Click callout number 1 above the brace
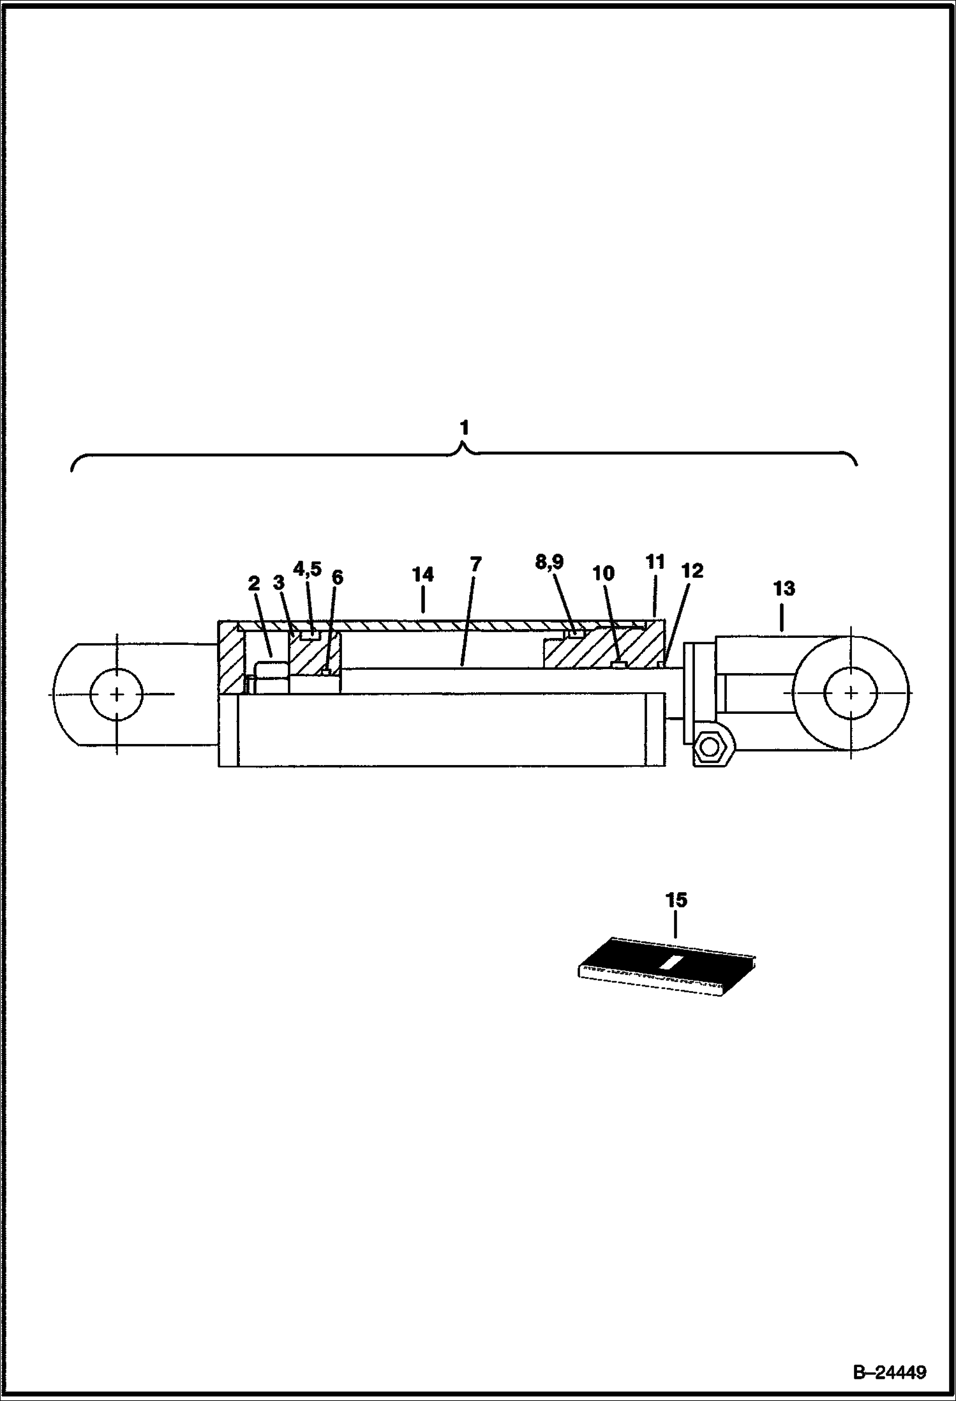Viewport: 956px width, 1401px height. coord(465,428)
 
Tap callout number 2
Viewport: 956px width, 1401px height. coord(254,583)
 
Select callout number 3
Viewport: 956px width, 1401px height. coord(278,582)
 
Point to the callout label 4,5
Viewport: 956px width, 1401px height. coord(307,568)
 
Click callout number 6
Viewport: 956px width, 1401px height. coord(337,578)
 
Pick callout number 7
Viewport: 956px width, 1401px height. coord(475,564)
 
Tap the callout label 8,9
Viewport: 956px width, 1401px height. coord(549,563)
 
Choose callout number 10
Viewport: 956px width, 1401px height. coord(603,573)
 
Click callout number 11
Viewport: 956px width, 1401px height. coord(655,563)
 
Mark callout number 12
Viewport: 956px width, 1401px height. coord(692,571)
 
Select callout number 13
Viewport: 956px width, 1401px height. coord(784,588)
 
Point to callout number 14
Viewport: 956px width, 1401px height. coord(422,575)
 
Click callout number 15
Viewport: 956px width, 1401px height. coord(676,900)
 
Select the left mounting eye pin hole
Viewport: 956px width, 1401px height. coord(117,693)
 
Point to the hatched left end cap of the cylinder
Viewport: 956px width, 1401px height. coord(231,658)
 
